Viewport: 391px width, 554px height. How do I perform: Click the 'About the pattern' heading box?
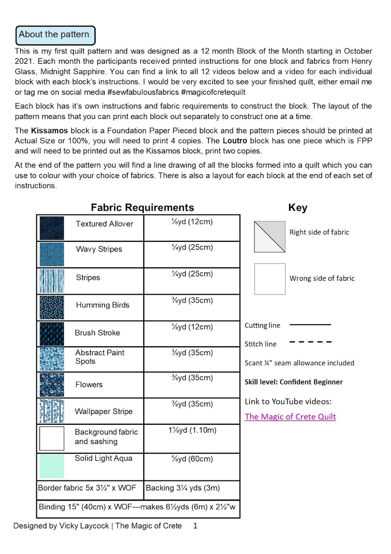pos(55,35)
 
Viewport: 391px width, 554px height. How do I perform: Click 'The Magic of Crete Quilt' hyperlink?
pos(290,416)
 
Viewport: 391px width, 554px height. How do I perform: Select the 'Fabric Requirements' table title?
pos(142,207)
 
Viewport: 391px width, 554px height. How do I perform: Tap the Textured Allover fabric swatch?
pos(52,228)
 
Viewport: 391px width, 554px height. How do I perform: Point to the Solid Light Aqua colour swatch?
pos(52,466)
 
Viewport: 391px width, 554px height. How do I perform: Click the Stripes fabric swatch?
pos(52,281)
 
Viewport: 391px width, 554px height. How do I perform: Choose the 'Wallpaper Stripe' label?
pos(103,411)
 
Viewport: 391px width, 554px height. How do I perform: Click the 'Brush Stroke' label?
pos(97,332)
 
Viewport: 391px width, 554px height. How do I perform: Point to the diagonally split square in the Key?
pos(269,236)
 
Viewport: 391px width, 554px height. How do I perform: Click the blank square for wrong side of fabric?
pos(269,279)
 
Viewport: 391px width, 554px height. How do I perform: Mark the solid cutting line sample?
pos(310,325)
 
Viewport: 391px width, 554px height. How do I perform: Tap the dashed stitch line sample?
pos(310,341)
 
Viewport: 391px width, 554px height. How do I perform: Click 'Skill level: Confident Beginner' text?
pos(293,382)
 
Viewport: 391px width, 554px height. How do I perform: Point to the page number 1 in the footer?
pos(195,526)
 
